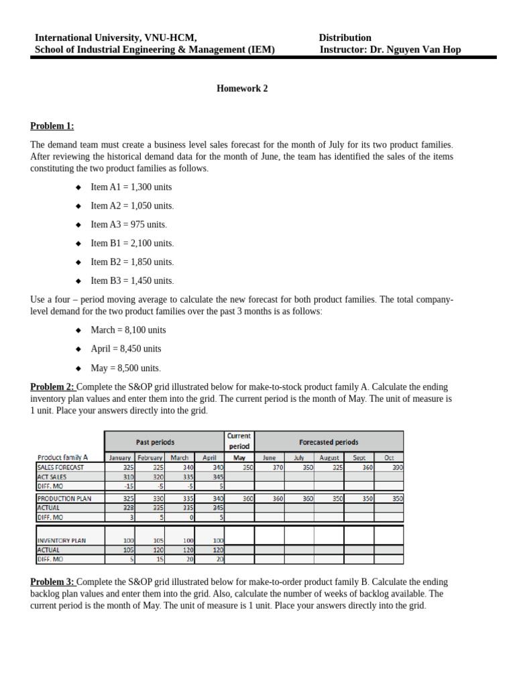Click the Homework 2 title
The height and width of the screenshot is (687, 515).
point(242,89)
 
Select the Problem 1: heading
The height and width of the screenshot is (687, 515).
point(52,126)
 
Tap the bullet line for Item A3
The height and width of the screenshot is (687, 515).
point(129,225)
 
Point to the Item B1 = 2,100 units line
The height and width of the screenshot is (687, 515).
point(132,244)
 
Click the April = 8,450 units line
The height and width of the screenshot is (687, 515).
point(126,349)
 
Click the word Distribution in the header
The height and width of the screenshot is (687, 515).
point(345,38)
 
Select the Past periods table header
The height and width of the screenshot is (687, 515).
point(155,442)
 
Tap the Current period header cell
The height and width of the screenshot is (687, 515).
point(239,441)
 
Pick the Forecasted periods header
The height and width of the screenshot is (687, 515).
point(329,442)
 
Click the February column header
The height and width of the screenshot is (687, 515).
point(150,458)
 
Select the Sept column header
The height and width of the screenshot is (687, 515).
point(359,458)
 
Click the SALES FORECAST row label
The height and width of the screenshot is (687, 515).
point(61,467)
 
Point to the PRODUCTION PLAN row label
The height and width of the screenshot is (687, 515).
point(64,498)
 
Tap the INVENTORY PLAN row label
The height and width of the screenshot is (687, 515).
point(62,540)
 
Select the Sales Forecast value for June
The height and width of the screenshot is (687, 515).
point(269,467)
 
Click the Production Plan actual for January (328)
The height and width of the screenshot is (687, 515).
point(121,508)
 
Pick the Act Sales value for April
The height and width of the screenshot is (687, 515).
point(210,476)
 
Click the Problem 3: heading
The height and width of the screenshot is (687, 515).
point(53,582)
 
